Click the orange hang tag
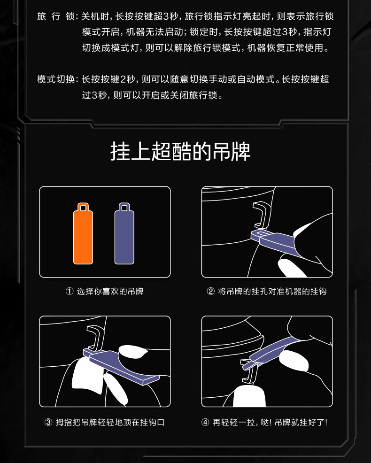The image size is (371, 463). click(83, 236)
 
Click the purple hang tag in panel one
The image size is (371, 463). click(124, 236)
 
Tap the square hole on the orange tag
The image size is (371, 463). click(83, 208)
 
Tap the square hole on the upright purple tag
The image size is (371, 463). click(124, 208)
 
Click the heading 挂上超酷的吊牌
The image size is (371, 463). click(180, 152)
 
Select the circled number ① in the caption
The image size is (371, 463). click(70, 292)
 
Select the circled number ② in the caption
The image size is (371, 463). click(210, 292)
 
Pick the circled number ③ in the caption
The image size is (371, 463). click(48, 422)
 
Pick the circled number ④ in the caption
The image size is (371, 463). click(205, 422)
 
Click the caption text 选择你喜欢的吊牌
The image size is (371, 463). click(110, 292)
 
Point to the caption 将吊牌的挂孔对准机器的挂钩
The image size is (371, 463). click(272, 292)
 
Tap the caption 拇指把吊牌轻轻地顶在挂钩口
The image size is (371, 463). click(110, 422)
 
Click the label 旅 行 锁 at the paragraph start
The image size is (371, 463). click(56, 16)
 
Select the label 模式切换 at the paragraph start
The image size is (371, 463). click(56, 79)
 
